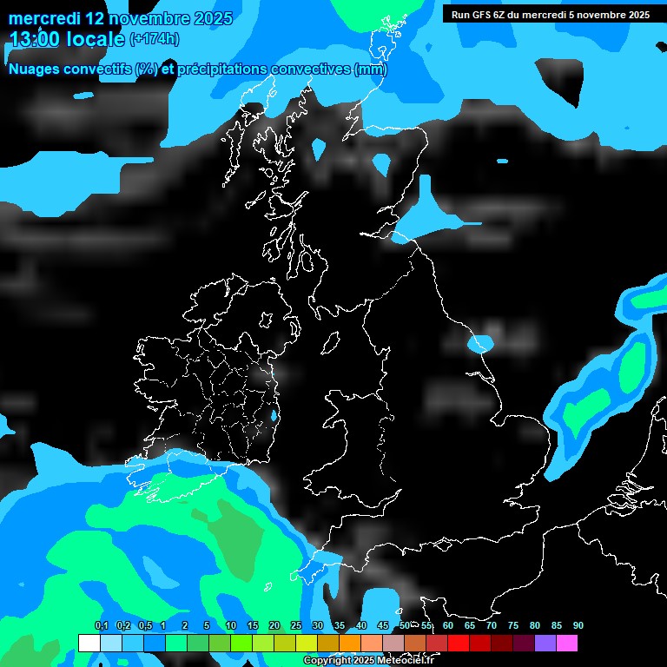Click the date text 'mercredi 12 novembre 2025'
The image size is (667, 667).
click(121, 18)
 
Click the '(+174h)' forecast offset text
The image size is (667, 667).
click(154, 38)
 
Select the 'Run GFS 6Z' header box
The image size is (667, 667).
click(551, 14)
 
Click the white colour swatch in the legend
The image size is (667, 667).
click(89, 644)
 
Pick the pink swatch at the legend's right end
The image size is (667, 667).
click(567, 644)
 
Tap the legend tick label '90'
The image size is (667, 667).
click(578, 625)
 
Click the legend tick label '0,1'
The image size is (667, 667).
click(101, 625)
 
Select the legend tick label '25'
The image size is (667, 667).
click(296, 625)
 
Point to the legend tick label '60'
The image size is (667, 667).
click(448, 625)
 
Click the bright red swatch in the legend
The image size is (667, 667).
click(459, 644)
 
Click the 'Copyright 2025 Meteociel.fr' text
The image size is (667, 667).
click(368, 660)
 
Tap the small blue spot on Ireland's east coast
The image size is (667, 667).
click(274, 416)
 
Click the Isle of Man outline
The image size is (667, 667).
click(330, 344)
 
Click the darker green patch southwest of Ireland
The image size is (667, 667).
click(234, 538)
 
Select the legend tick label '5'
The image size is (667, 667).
click(207, 625)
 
